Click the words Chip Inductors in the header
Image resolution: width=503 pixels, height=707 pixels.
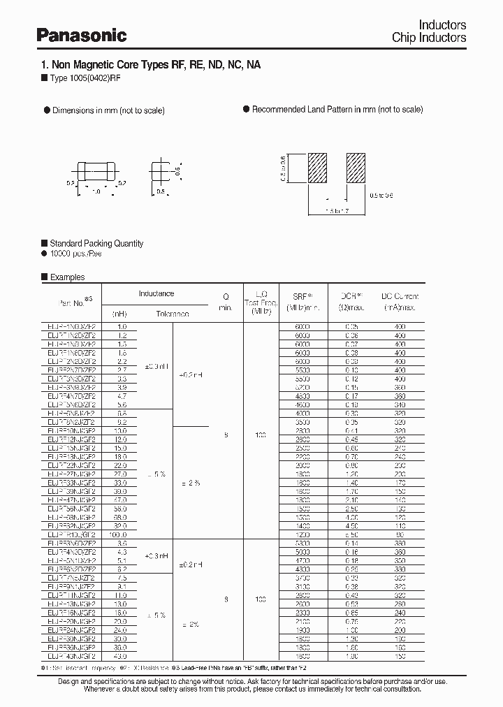point(429,38)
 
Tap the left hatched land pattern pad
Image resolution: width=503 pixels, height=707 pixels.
point(319,168)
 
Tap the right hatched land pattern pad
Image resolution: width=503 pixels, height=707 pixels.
point(357,168)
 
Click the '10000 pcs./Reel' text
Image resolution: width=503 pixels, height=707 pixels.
point(76,254)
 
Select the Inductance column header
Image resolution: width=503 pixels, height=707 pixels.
point(156,293)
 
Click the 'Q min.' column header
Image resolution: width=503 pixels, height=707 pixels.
point(225,302)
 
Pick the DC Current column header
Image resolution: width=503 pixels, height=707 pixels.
point(399,302)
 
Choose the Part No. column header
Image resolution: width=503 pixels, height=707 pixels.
point(73,302)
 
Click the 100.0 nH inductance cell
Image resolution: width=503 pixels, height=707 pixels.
point(119,534)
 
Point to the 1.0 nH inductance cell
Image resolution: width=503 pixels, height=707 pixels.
point(119,326)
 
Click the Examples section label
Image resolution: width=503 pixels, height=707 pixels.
point(66,277)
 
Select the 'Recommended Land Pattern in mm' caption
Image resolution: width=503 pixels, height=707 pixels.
point(337,110)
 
